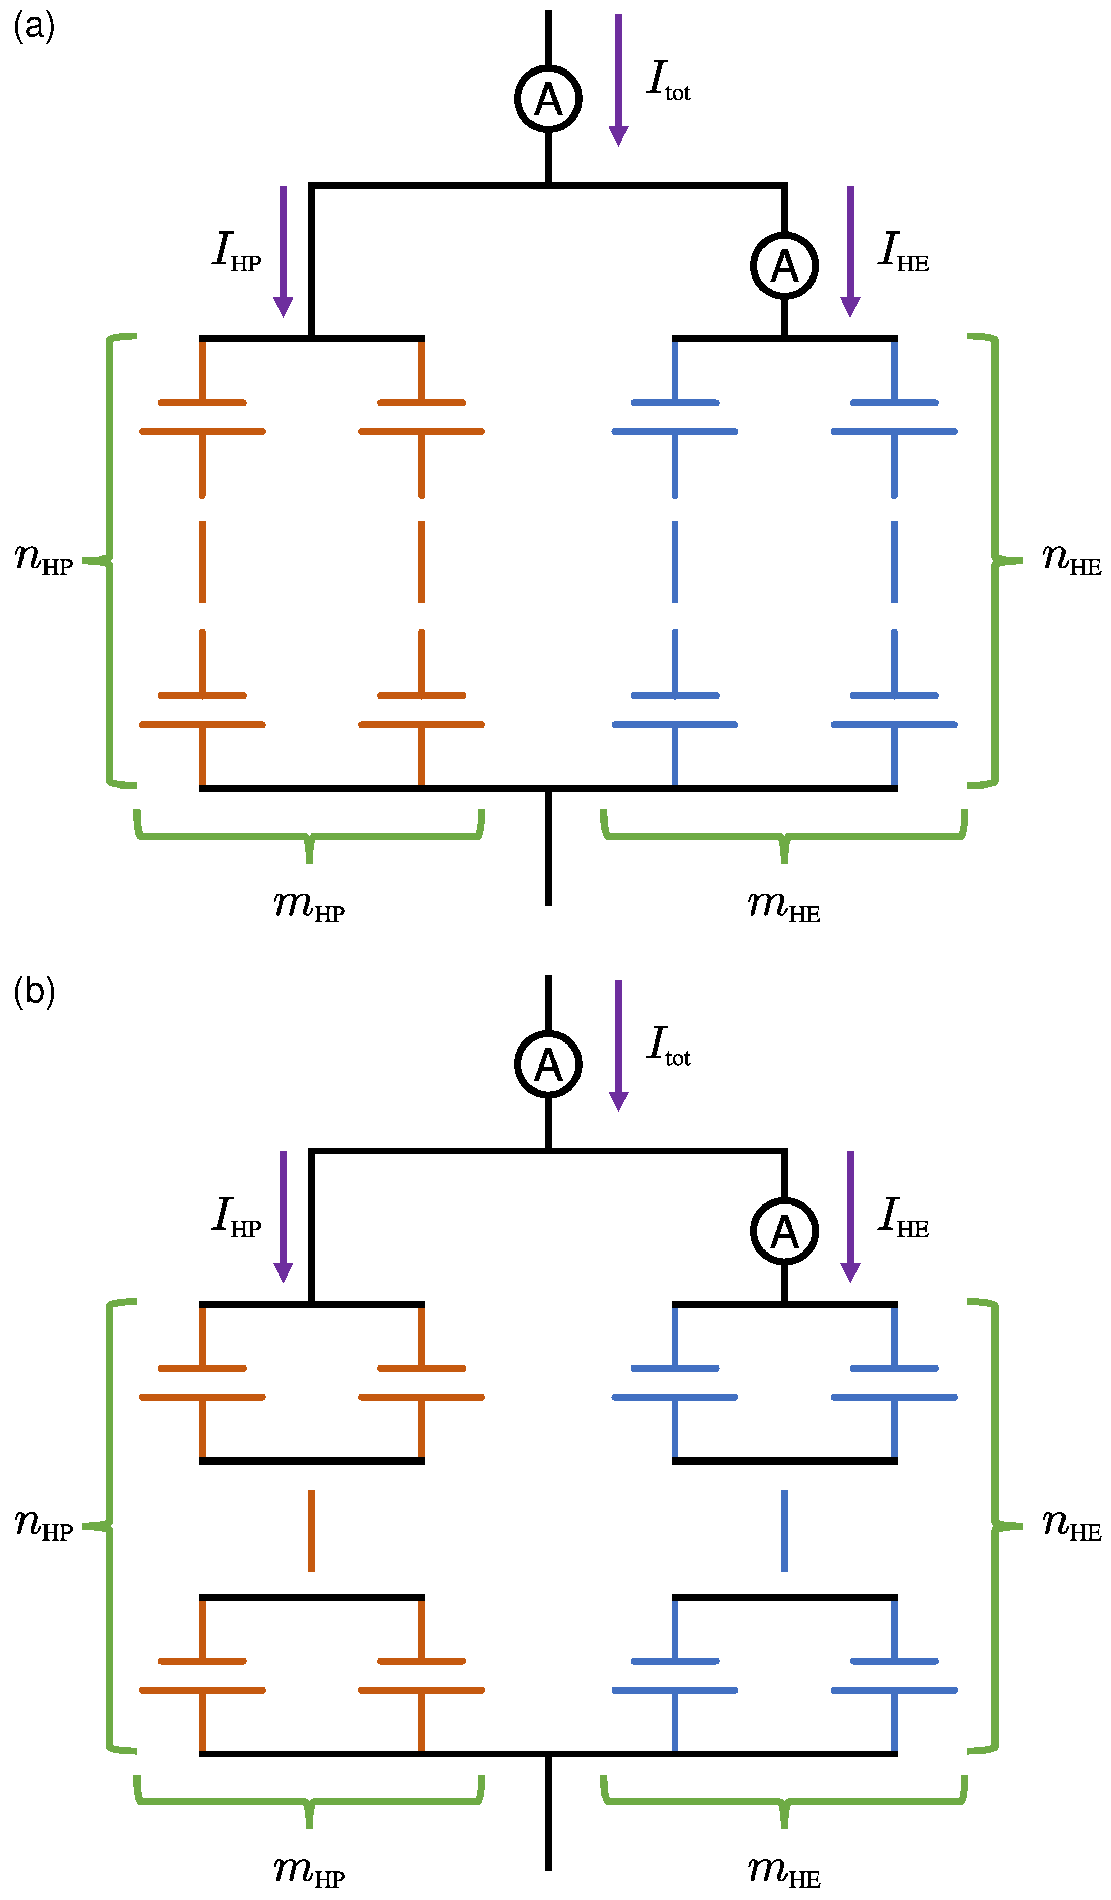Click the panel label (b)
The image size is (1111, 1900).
(x=34, y=992)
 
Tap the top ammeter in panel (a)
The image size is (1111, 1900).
(x=548, y=99)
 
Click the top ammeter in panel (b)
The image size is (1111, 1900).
(x=548, y=1064)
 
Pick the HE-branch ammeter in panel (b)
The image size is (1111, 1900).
(x=784, y=1231)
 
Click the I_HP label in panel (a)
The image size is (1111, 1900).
(x=236, y=250)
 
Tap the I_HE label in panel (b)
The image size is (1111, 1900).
(x=904, y=1216)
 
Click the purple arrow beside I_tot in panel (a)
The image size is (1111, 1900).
(x=618, y=80)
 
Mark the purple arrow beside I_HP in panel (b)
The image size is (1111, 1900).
(x=284, y=1216)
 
